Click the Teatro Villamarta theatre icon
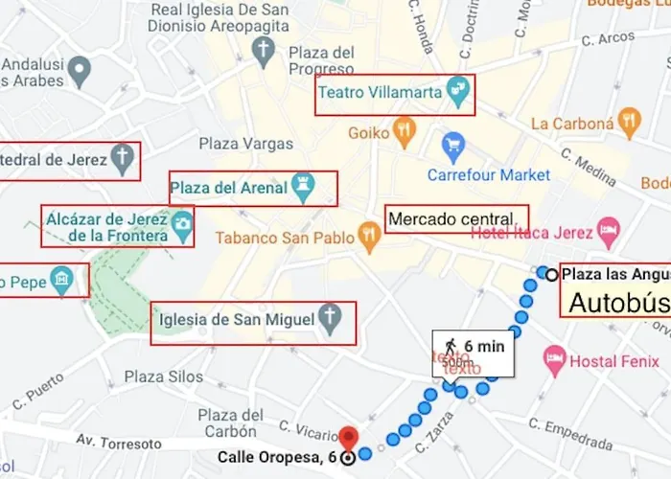(x=459, y=92)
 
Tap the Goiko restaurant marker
(x=405, y=132)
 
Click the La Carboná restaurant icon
(x=630, y=122)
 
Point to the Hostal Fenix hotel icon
(x=555, y=360)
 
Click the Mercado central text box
(x=455, y=219)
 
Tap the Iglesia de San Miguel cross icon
(x=330, y=320)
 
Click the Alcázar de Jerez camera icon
(x=181, y=225)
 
